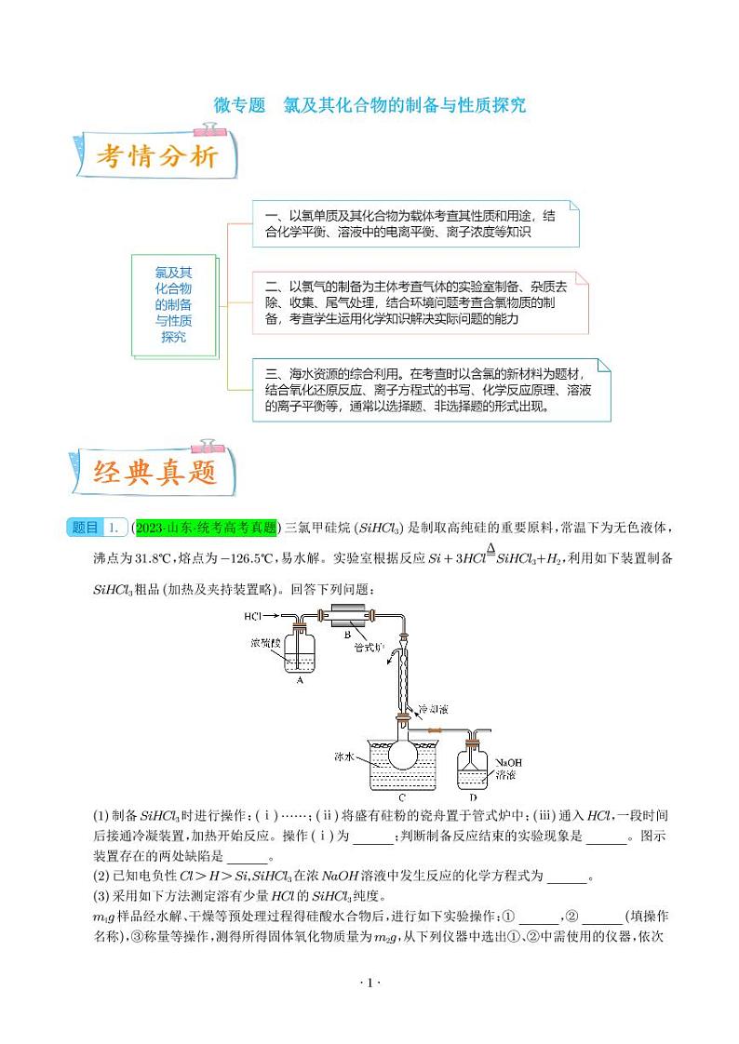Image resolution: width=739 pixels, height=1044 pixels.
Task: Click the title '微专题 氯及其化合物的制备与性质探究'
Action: point(369,105)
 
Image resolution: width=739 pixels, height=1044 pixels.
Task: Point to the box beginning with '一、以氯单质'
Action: point(415,224)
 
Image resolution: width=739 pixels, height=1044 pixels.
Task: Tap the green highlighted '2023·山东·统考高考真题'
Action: point(206,528)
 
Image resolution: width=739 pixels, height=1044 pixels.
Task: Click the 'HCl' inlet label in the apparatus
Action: point(253,616)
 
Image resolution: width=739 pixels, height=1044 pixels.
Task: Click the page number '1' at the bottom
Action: point(369,984)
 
